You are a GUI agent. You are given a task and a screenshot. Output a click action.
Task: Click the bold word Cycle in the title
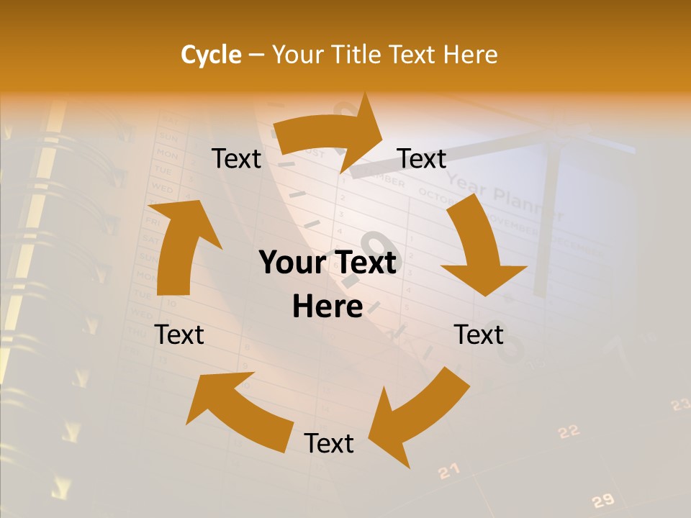(211, 55)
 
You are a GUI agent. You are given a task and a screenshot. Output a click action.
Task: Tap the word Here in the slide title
(469, 55)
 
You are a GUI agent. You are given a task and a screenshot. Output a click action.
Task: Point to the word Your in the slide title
(297, 55)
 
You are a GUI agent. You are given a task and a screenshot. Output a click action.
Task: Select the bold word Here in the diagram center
(328, 306)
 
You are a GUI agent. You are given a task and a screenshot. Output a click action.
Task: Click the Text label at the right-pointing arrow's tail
(237, 159)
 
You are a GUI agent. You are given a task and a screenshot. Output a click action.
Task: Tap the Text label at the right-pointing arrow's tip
(422, 159)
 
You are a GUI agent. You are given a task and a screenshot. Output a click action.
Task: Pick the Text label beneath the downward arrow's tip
(479, 335)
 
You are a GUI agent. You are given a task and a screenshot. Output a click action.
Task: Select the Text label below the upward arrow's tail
(179, 335)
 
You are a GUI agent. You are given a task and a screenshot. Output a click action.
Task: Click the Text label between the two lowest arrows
(329, 443)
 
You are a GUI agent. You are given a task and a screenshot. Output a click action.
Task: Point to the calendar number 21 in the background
(448, 471)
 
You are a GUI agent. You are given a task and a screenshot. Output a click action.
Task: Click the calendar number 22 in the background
(569, 432)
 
